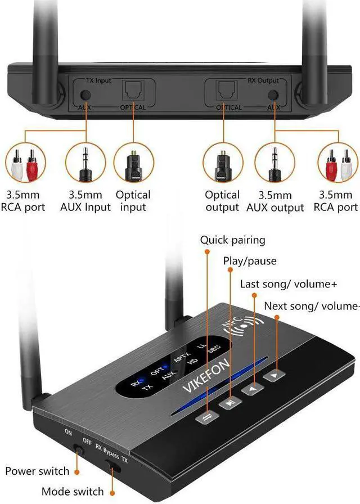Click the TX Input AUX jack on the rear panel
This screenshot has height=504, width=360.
tap(86, 95)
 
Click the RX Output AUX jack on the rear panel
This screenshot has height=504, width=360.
tap(274, 95)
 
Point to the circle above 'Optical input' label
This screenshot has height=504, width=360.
tap(133, 164)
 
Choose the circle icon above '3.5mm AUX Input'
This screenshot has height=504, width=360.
tap(85, 164)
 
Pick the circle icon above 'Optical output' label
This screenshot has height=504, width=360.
tap(222, 164)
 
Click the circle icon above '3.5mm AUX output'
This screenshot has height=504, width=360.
tap(274, 164)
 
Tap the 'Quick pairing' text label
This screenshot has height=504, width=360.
tap(232, 240)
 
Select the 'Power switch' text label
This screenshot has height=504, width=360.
tap(37, 471)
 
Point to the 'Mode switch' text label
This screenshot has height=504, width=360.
tap(73, 492)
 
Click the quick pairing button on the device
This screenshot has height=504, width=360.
tap(205, 416)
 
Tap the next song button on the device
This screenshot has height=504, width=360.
tap(273, 375)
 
